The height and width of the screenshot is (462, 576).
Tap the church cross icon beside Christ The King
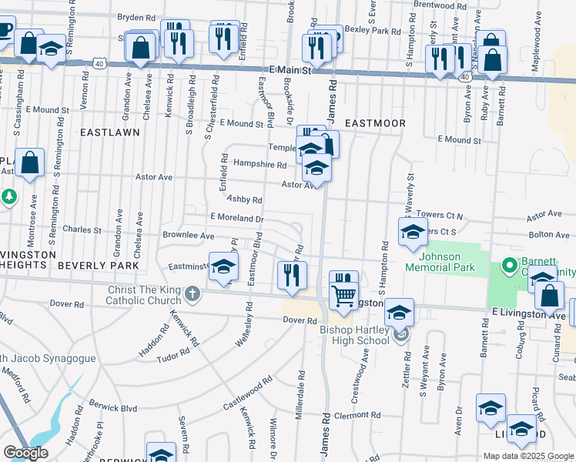(193, 294)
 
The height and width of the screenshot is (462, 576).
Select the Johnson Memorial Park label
(450, 262)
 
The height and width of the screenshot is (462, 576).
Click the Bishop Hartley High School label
(353, 335)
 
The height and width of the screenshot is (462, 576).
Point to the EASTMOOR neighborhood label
(375, 122)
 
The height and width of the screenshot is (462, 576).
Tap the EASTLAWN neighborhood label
(110, 132)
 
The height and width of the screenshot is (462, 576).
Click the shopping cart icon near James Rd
(343, 294)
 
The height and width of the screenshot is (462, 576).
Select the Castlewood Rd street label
(248, 390)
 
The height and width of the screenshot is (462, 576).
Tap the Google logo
(26, 452)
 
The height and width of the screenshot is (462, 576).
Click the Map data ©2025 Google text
(527, 456)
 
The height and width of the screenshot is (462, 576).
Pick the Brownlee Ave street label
(188, 235)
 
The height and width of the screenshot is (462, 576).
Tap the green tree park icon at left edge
(9, 197)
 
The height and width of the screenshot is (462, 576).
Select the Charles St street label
(82, 229)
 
